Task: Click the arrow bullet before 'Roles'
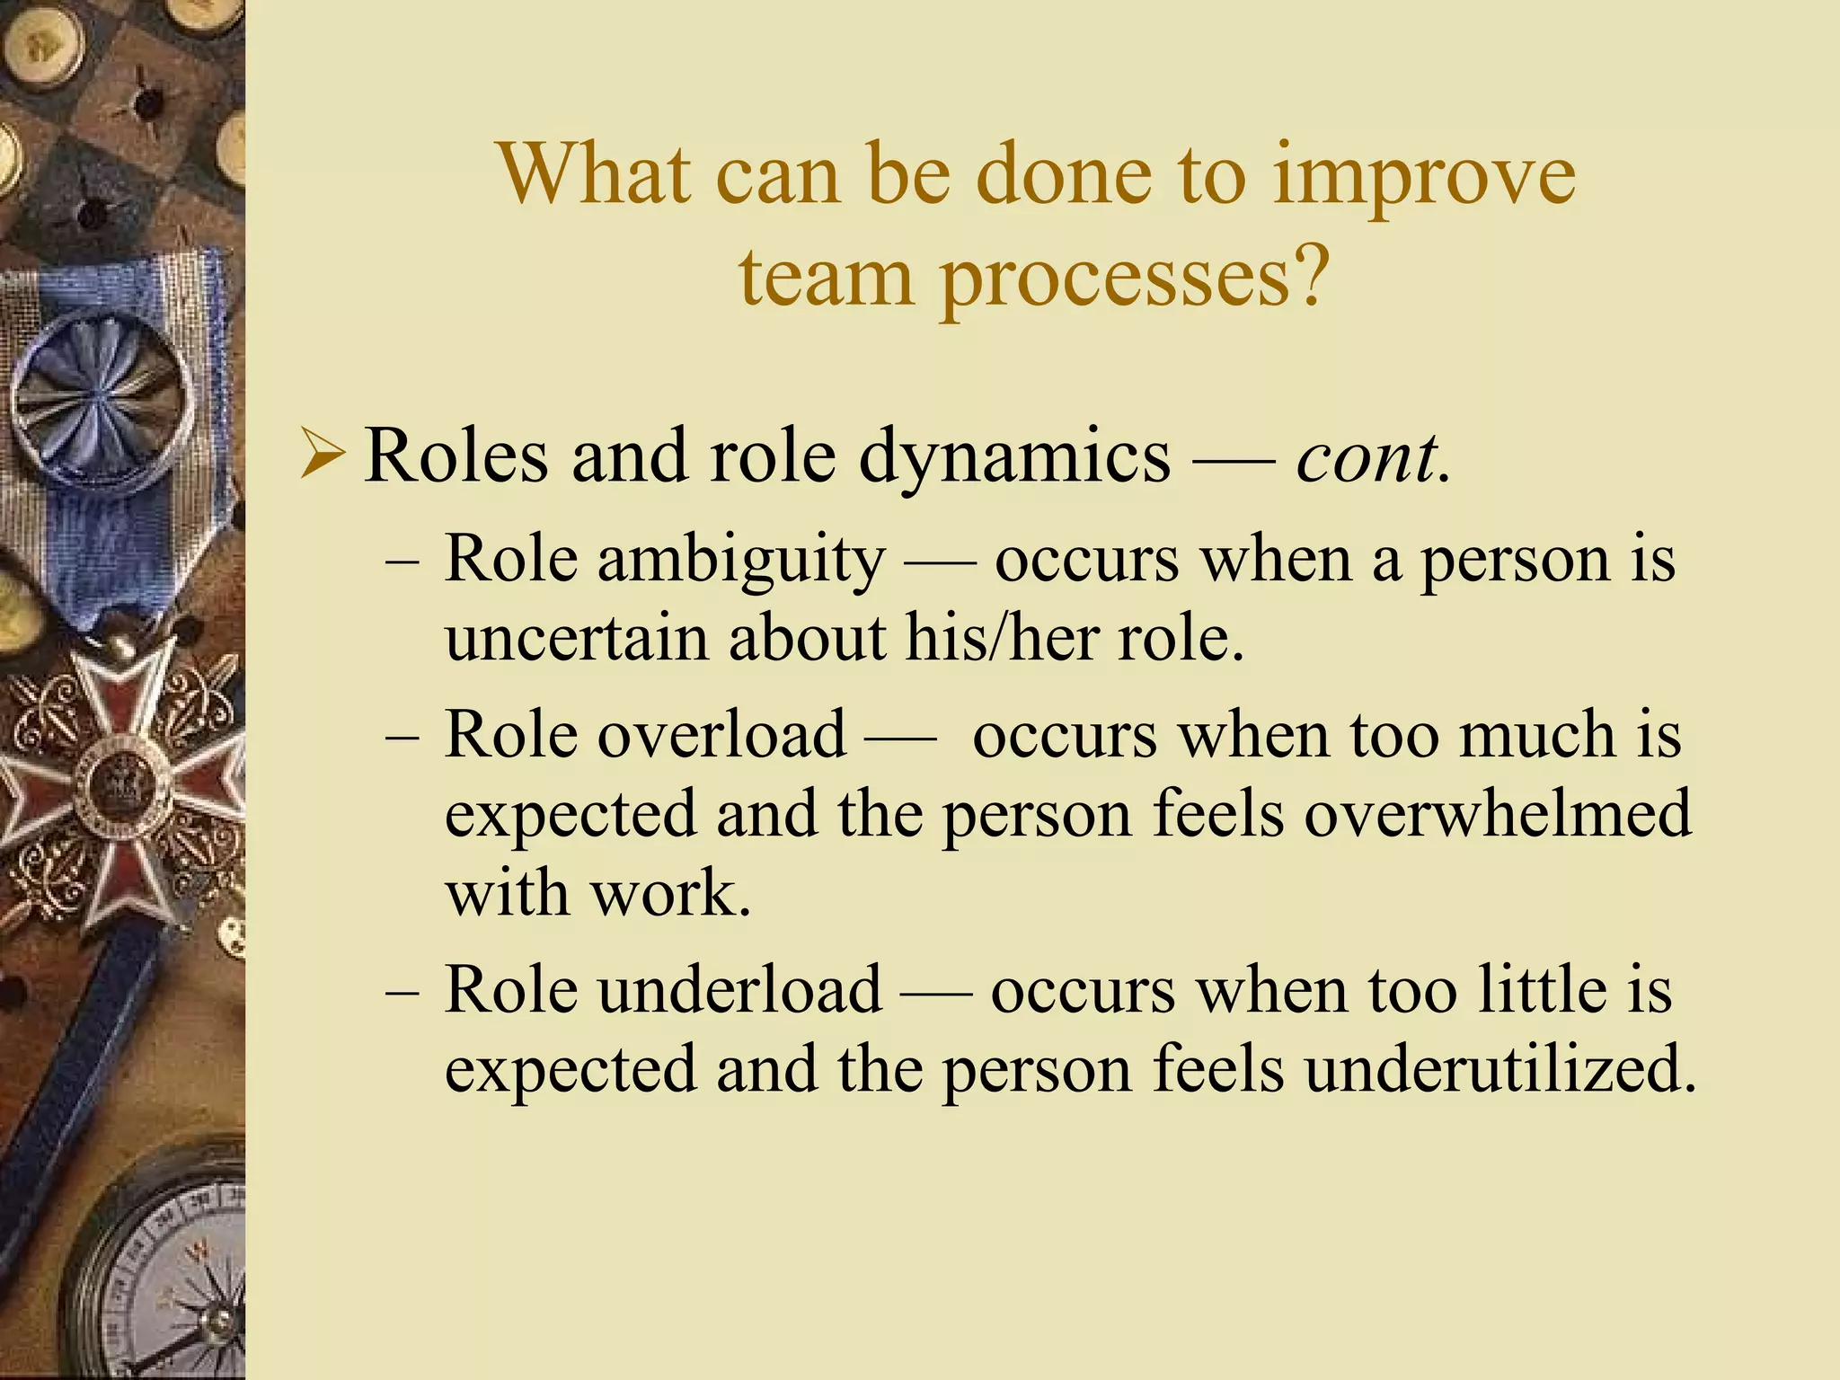322,455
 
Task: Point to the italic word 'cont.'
1373,457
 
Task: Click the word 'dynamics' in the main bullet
1014,457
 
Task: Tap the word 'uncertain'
576,637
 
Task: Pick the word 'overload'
721,734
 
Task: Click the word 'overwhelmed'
1498,813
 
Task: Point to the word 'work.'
670,893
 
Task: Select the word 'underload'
739,989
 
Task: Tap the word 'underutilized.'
1500,1068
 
